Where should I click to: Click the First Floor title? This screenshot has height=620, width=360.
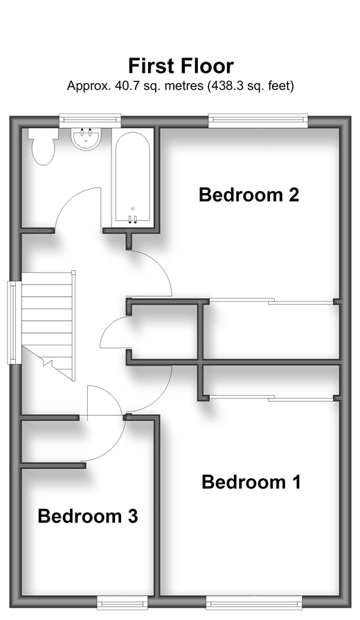point(181,66)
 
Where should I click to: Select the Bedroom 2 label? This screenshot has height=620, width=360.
point(249,194)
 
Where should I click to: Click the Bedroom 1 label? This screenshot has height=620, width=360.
point(251,482)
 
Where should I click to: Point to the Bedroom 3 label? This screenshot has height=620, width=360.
point(88,516)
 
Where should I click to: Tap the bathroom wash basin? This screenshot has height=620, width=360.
point(87,139)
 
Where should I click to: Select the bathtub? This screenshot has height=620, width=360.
point(132,178)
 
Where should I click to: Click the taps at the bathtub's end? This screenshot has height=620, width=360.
point(132,219)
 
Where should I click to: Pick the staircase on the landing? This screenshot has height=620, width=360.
point(48,325)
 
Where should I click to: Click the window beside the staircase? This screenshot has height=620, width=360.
point(15,322)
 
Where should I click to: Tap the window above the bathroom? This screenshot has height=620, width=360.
point(90,120)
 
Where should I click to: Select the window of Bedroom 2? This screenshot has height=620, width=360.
point(258,120)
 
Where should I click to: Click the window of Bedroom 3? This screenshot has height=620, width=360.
point(122,603)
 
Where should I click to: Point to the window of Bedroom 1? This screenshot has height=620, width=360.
point(254,603)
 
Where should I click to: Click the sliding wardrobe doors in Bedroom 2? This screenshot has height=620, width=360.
point(271,301)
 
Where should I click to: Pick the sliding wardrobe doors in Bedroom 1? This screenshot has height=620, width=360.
point(271,398)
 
